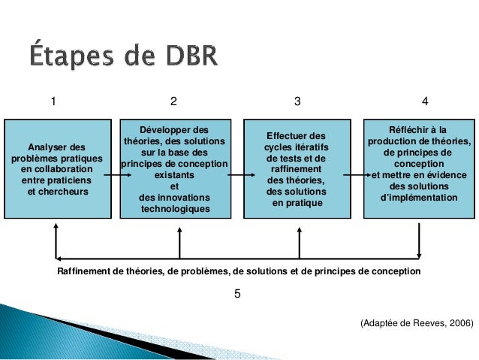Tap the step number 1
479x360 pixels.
tap(53, 101)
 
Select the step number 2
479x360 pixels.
tap(173, 101)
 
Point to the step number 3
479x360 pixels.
tap(297, 101)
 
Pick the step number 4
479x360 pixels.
tap(426, 101)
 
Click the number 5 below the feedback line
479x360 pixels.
tap(238, 294)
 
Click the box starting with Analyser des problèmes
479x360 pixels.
tap(57, 168)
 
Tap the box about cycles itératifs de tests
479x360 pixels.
tap(297, 168)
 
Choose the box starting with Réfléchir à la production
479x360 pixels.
tap(419, 168)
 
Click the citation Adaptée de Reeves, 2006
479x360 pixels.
tap(417, 322)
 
